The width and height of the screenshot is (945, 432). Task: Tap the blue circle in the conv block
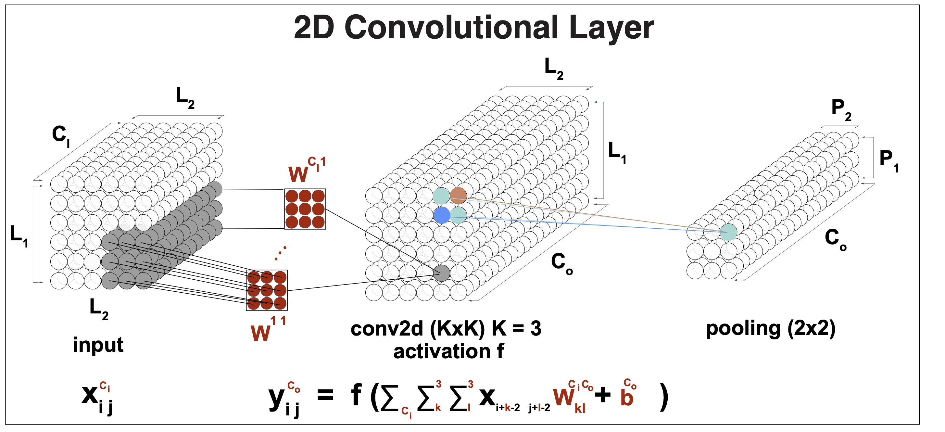[442, 215]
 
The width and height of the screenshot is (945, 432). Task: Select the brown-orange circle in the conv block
[458, 196]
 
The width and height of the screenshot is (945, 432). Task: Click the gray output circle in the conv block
[442, 273]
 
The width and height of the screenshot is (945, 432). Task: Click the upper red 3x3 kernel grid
[305, 209]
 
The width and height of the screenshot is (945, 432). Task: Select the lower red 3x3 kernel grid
[267, 290]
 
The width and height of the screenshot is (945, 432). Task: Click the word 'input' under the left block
[98, 345]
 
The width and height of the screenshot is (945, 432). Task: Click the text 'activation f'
[448, 351]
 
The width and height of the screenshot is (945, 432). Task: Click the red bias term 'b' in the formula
[627, 397]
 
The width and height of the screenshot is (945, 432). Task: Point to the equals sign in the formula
[325, 395]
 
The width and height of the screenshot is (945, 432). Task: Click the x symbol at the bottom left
[90, 395]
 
